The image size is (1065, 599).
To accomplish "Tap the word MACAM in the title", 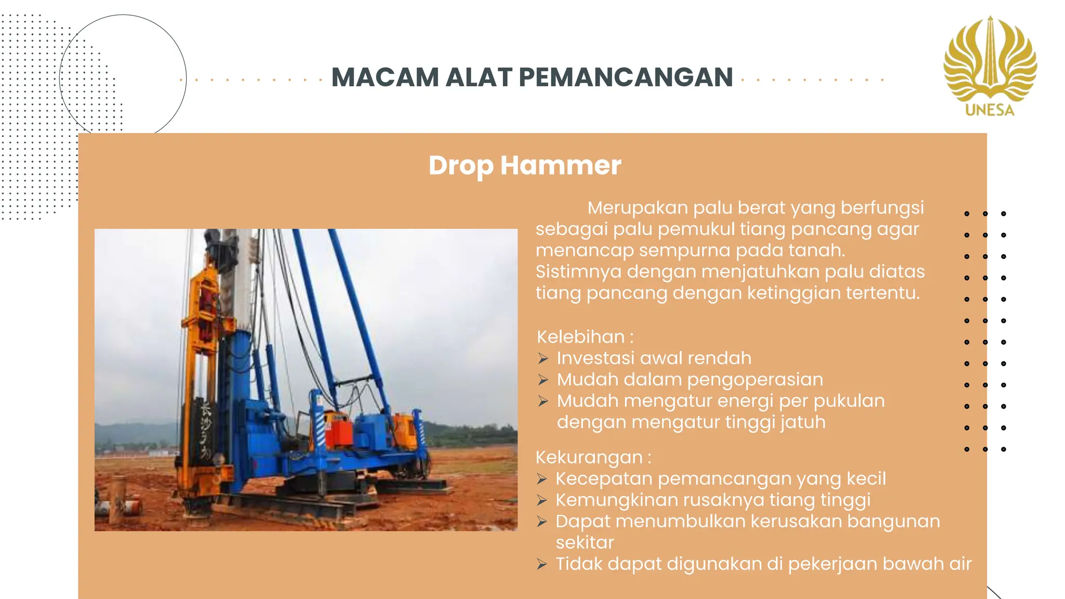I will (x=385, y=77).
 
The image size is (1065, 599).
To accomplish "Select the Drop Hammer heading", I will (x=525, y=165).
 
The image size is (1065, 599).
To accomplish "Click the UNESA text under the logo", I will (x=990, y=110).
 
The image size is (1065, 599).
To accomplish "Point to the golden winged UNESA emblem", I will (x=990, y=60).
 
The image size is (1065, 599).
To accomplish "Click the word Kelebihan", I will (x=580, y=337).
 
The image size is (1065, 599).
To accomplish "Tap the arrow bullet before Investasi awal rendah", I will (x=543, y=359).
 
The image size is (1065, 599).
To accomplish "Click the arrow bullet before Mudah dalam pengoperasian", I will (x=543, y=380).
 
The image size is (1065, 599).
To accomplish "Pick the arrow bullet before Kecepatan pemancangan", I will (x=542, y=479).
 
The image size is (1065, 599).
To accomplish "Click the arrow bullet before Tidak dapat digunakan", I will (x=542, y=564).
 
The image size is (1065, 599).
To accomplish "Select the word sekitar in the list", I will (x=585, y=543).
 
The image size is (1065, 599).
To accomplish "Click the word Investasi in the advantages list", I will (x=595, y=358).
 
